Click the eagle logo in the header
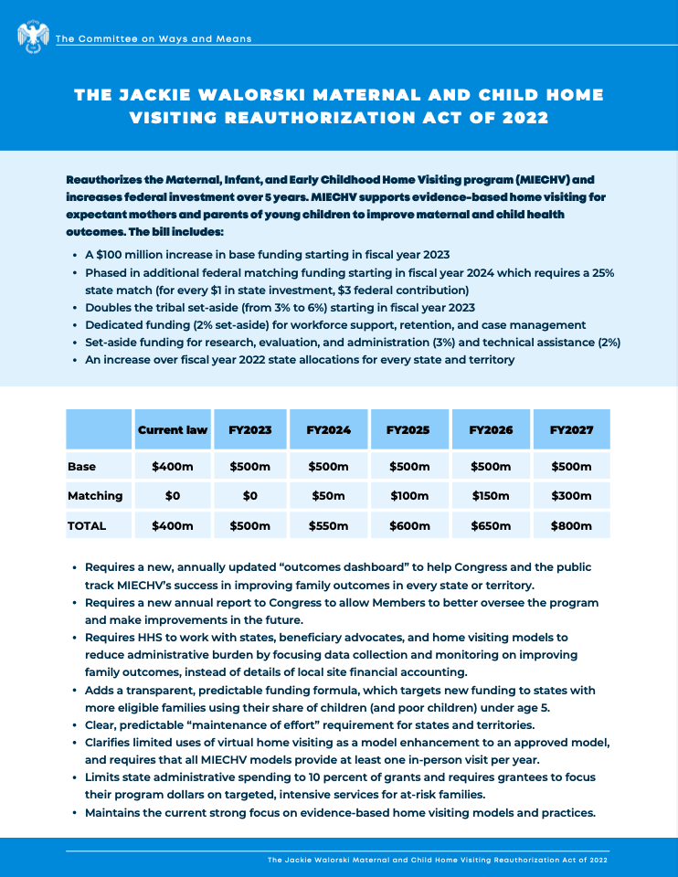(33, 37)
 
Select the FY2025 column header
(408, 429)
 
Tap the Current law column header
(172, 429)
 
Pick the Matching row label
(95, 496)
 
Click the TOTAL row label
(87, 526)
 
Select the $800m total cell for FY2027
(571, 526)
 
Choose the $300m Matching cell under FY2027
(571, 496)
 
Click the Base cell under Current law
(172, 467)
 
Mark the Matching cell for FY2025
(408, 496)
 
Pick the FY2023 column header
(250, 429)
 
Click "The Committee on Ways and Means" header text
(154, 38)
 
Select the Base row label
(81, 467)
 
